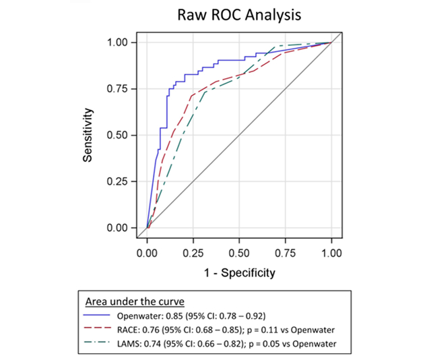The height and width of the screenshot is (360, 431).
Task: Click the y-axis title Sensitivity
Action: tap(88, 136)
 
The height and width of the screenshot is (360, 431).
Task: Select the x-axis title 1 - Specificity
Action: tap(239, 273)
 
